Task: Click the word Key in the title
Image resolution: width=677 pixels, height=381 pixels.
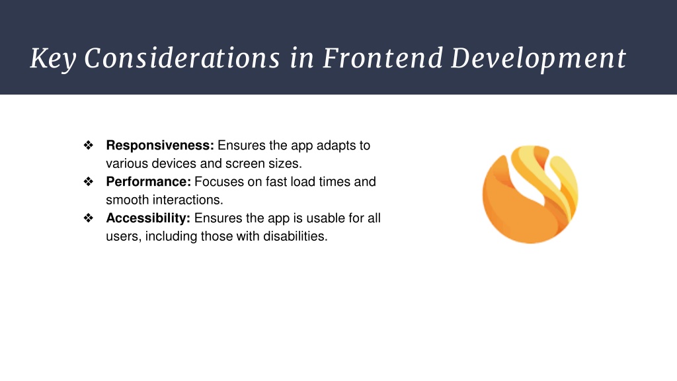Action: click(53, 58)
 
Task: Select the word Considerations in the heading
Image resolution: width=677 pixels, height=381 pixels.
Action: click(182, 58)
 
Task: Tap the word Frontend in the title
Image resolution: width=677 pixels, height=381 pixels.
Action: click(383, 58)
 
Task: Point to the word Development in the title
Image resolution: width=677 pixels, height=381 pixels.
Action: click(538, 59)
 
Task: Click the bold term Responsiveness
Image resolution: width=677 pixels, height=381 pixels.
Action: click(160, 146)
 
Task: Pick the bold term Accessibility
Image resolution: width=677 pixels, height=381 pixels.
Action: click(148, 218)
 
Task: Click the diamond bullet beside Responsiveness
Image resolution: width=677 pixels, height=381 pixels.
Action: click(89, 145)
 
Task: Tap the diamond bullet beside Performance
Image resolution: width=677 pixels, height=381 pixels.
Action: click(89, 181)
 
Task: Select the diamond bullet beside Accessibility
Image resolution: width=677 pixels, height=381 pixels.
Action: click(89, 218)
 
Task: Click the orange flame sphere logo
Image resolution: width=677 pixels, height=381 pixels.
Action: click(530, 194)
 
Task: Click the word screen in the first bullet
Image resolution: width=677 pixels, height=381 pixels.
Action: click(245, 164)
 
